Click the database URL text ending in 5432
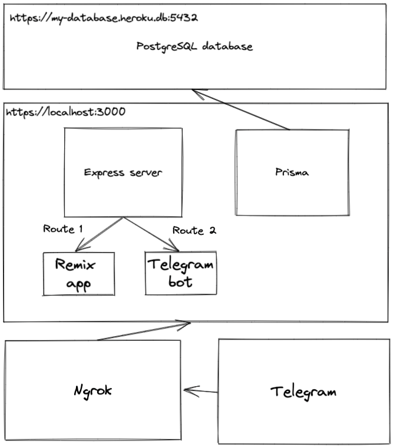point(102,18)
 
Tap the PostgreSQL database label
point(194,46)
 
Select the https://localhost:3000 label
point(65,111)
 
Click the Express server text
point(122,172)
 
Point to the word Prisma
point(292,172)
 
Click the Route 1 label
point(62,229)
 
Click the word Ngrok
point(93,390)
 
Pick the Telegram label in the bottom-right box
point(303,391)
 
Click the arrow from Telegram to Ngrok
point(201,390)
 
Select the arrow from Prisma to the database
point(241,110)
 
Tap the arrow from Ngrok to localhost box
point(144,331)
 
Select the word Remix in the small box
point(75,264)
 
